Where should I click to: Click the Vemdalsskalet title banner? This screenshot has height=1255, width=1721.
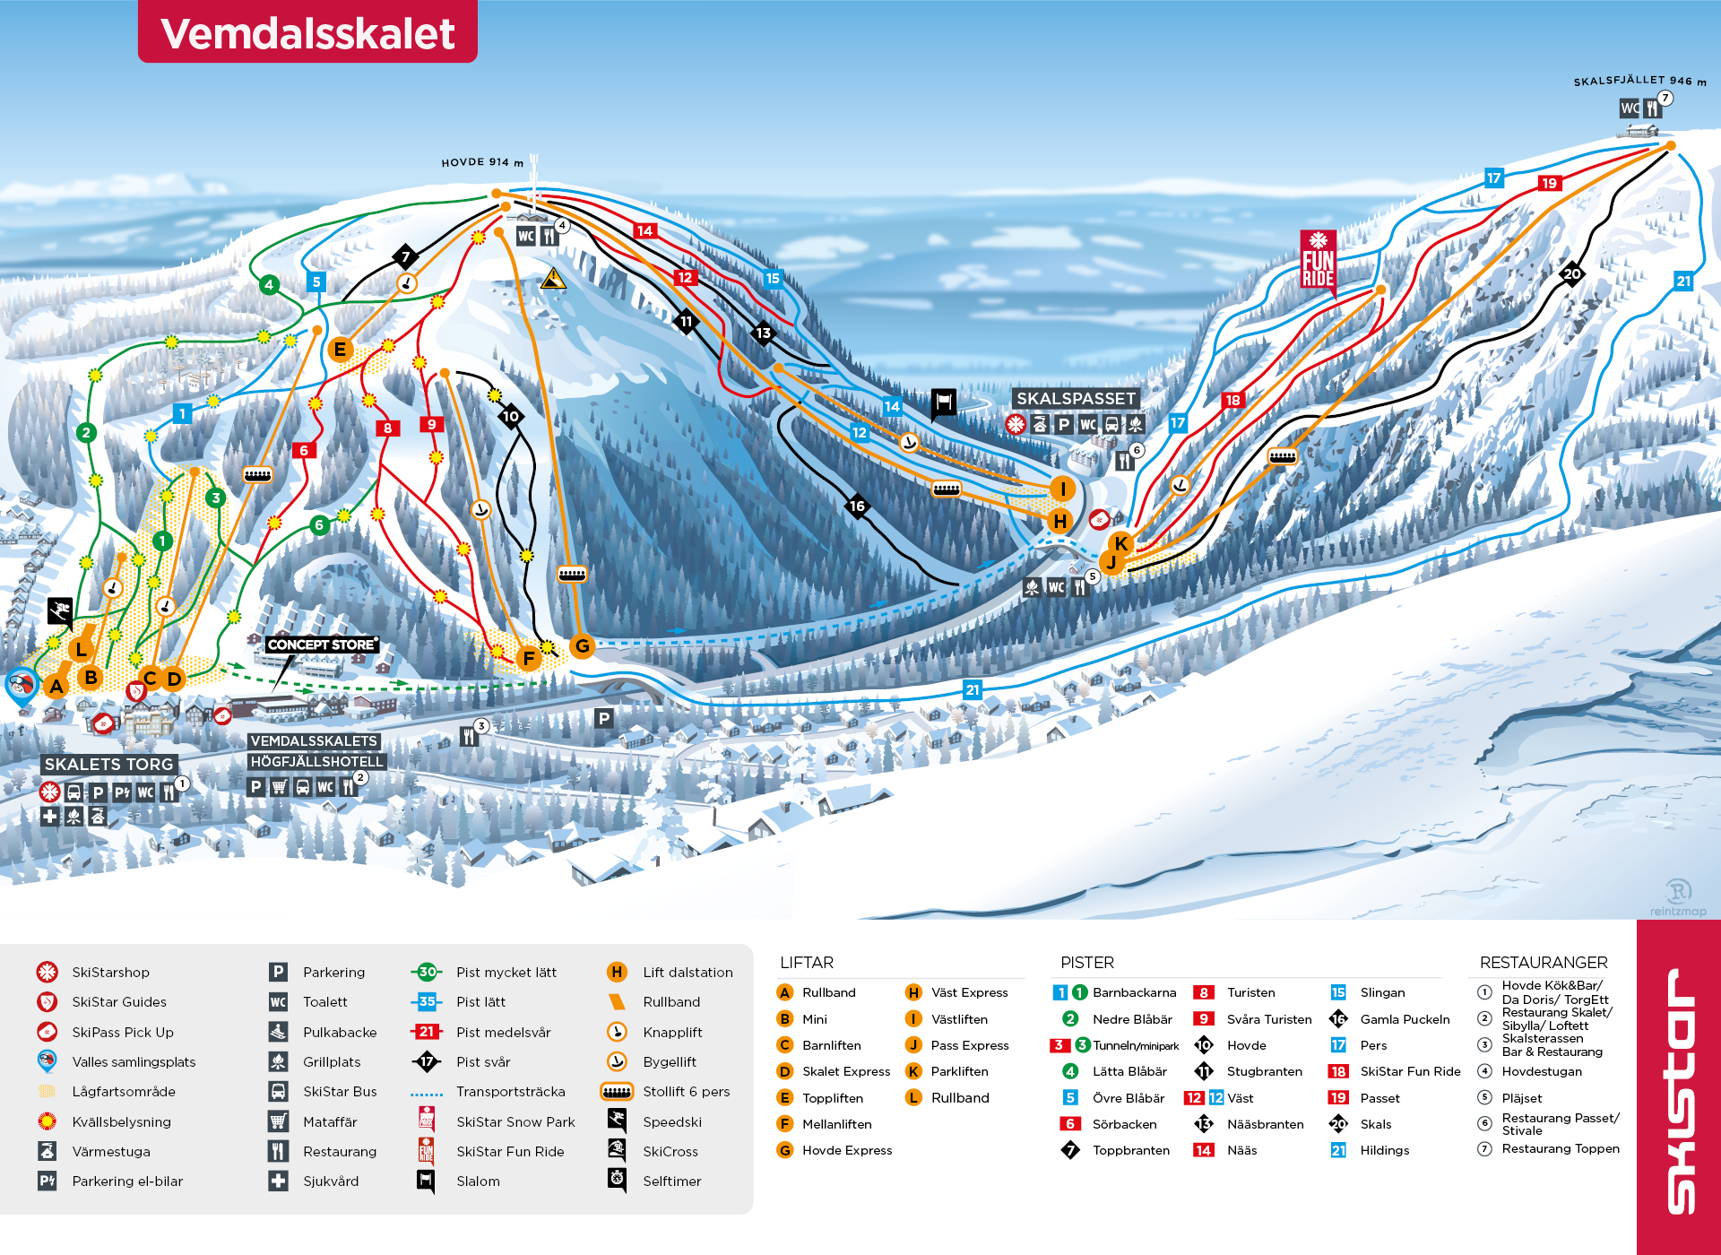307,32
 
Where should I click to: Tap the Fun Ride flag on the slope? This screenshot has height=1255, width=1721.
1318,260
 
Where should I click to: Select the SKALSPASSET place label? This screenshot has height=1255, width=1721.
1076,398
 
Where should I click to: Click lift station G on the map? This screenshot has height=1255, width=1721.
583,645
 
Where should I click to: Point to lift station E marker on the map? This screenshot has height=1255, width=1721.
340,350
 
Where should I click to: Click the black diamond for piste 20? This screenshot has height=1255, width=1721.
1571,274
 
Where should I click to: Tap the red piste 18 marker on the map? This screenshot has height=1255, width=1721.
1232,401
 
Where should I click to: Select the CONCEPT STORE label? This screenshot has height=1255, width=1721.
322,645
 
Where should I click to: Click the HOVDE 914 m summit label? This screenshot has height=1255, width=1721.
482,162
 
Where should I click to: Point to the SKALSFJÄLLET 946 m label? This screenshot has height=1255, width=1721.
1639,81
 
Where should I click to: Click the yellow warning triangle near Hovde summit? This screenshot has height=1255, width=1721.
553,280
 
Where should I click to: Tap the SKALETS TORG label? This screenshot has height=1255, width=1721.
108,764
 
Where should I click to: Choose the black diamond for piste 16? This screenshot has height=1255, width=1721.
857,506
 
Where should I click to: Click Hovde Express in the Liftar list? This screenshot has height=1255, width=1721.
846,1150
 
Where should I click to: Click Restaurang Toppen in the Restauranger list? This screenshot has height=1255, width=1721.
1560,1148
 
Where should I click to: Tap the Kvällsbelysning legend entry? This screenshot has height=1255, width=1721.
121,1121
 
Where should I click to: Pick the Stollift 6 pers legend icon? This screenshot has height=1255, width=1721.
617,1092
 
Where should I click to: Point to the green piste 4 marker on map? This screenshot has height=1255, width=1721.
268,285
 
